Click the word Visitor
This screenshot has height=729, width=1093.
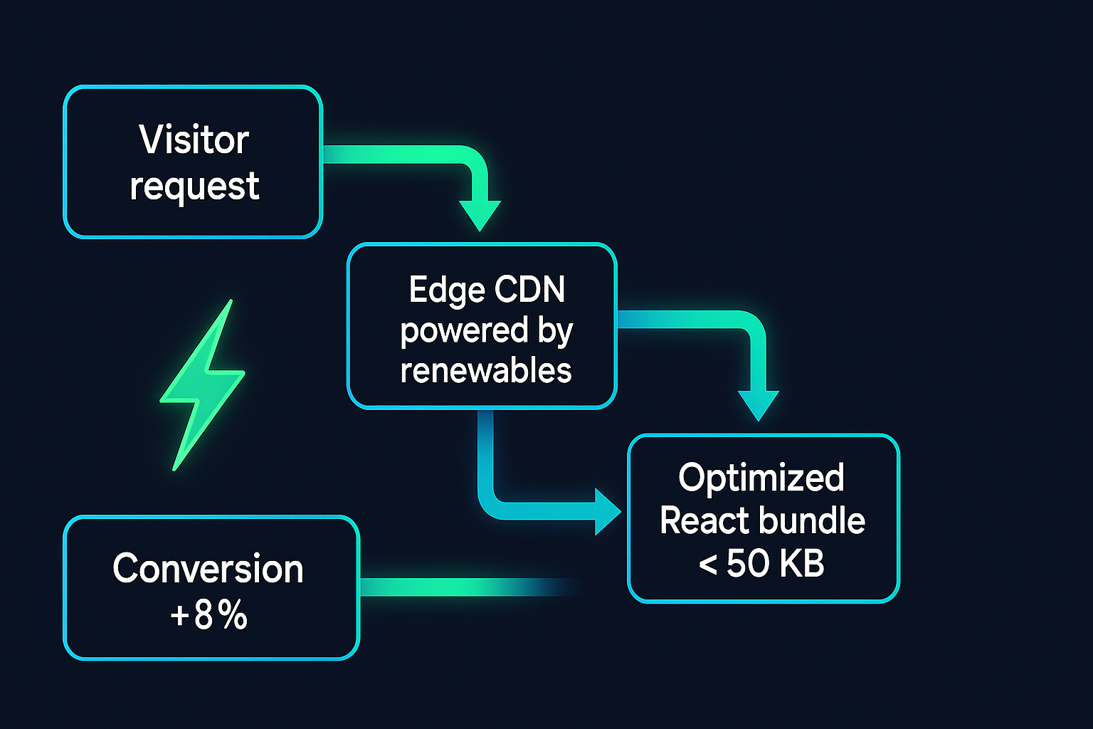[x=194, y=140]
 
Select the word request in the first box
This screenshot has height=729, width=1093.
[x=194, y=187]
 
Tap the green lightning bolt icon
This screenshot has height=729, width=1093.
[x=202, y=384]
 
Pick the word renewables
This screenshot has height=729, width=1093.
[x=486, y=371]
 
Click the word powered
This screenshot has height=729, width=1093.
[x=464, y=331]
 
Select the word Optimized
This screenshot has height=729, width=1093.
[x=761, y=478]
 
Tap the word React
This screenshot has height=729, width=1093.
[x=704, y=521]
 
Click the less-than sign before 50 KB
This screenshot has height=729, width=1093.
[x=707, y=565]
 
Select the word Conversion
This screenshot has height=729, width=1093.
[x=208, y=570]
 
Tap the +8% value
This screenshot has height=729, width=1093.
[x=208, y=615]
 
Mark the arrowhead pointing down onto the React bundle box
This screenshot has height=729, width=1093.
[x=758, y=405]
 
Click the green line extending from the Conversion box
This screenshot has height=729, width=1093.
[x=463, y=587]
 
